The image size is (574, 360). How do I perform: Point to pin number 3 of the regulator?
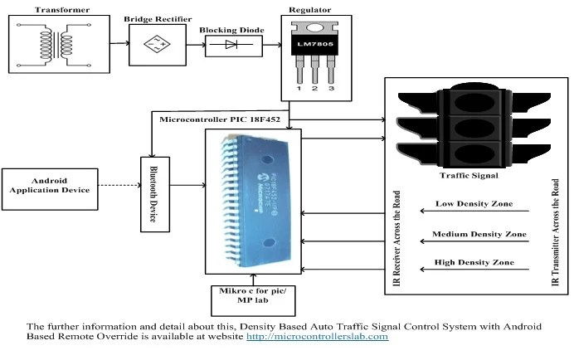[x=332, y=87]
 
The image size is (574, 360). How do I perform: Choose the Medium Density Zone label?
[x=479, y=235]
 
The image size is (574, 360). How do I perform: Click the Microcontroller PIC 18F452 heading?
[x=216, y=120]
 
